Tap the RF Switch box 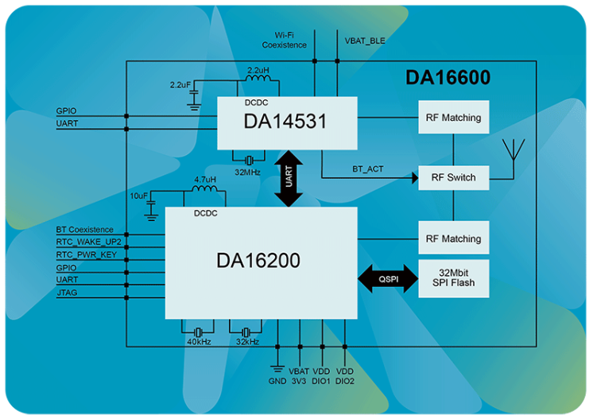[x=453, y=177]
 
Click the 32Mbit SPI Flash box [x=453, y=278]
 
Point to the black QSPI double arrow [x=388, y=278]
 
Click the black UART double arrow [x=288, y=180]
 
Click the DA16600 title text [x=448, y=78]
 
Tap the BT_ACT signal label [x=369, y=169]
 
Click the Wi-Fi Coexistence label [x=285, y=41]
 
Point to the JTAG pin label [x=67, y=293]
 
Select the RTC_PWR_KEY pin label [x=87, y=254]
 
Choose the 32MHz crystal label [x=248, y=170]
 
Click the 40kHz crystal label [x=198, y=341]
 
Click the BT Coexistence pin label [x=85, y=230]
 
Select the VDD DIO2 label [x=345, y=376]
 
